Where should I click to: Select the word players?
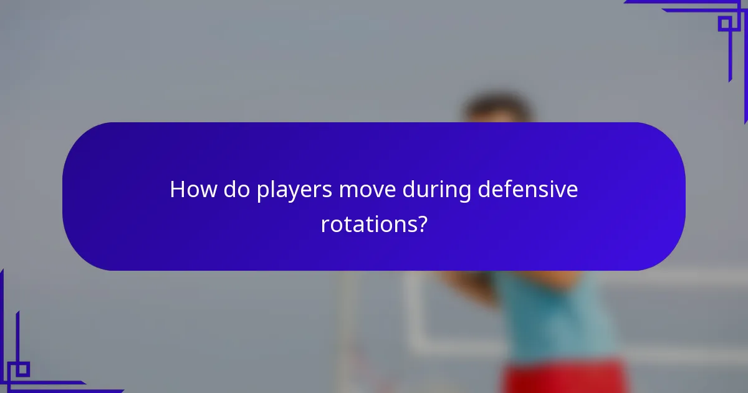pos(294,191)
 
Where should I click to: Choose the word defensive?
pos(528,190)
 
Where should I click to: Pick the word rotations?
pos(368,224)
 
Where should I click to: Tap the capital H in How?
pos(177,190)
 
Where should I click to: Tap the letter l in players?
pos(273,189)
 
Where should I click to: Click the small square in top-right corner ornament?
pos(725,23)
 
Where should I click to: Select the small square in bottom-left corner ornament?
pos(22,369)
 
